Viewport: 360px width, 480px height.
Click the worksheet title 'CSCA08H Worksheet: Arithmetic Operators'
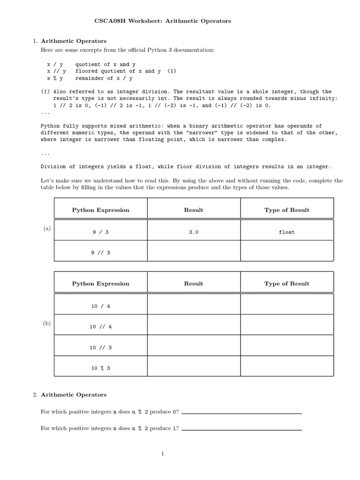[x=163, y=21]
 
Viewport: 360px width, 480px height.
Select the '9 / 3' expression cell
[x=100, y=232]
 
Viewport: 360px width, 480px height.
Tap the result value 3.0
[x=194, y=232]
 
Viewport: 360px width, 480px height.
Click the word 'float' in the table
[x=286, y=232]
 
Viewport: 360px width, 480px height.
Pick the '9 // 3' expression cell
[x=100, y=253]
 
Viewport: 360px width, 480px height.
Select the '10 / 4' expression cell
[x=100, y=306]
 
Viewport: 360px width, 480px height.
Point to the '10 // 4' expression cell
[x=100, y=327]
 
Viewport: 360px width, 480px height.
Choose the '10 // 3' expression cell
[x=100, y=347]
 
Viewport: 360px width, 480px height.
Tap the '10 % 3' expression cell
[x=100, y=368]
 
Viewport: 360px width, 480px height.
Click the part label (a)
[x=47, y=228]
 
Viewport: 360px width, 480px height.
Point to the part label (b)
[x=47, y=323]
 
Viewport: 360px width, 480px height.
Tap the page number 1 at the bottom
[x=162, y=453]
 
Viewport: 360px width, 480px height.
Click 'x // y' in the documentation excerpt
[x=56, y=71]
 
